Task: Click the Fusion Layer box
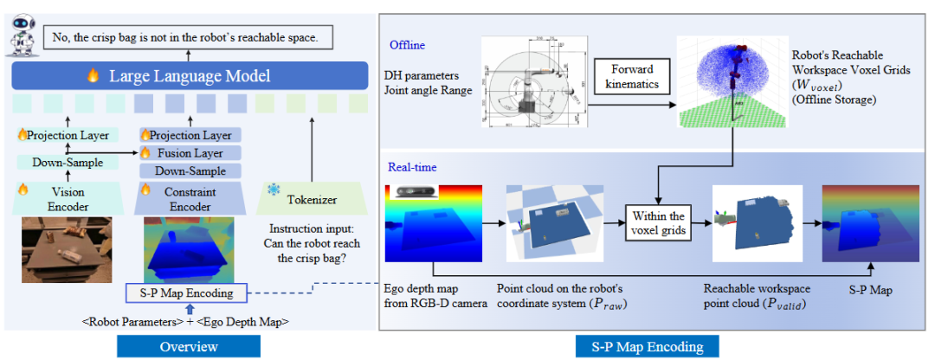point(191,153)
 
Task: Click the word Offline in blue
point(407,44)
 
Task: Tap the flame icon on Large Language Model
point(92,76)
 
